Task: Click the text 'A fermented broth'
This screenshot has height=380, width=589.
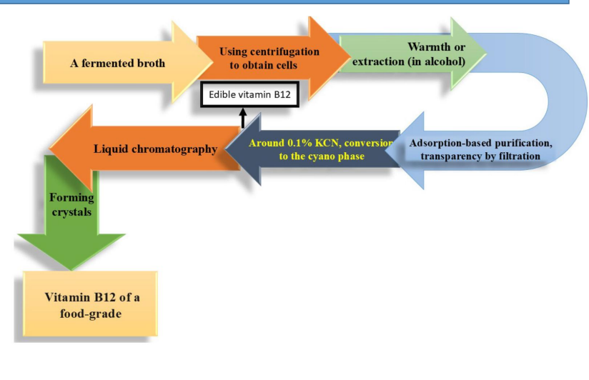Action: point(117,63)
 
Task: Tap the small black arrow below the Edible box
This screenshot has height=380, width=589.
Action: point(243,117)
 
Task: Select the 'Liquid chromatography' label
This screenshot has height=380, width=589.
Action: point(155,149)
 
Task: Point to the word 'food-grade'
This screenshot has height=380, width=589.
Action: point(84,312)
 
